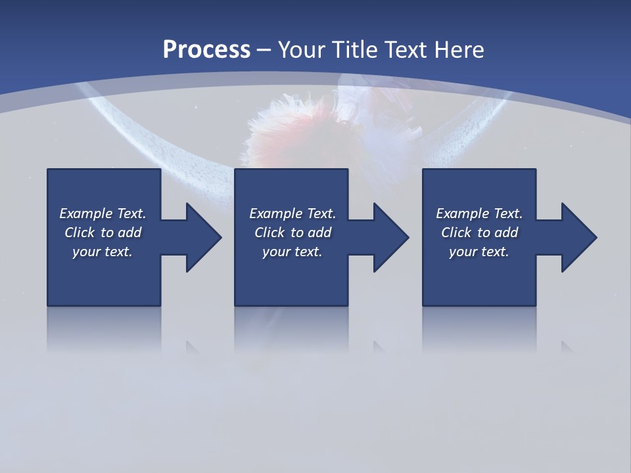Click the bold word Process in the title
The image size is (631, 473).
(206, 49)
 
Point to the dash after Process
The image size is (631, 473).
(264, 50)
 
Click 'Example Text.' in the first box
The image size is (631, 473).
(103, 214)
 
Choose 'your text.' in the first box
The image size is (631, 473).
(103, 252)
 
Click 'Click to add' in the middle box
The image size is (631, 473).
(292, 233)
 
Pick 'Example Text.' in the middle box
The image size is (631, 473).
(292, 214)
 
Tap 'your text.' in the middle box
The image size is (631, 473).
(292, 252)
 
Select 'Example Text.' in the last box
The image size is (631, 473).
(479, 214)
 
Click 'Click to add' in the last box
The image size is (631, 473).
(479, 233)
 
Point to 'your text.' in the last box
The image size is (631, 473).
(479, 252)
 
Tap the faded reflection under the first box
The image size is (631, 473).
(104, 328)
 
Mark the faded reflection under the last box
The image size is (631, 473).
(479, 328)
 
